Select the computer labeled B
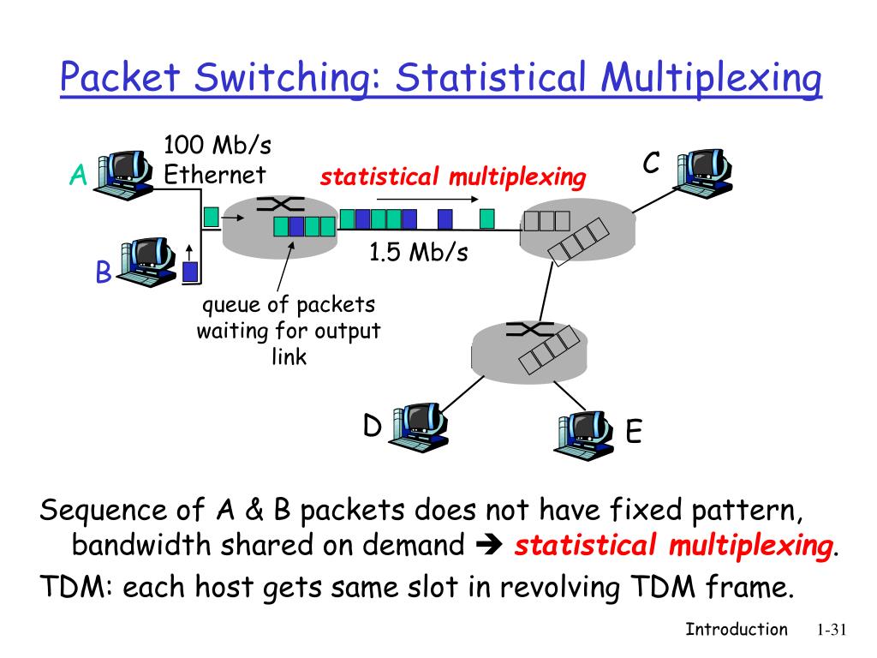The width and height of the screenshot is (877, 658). [x=147, y=260]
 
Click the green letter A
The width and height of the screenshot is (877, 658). [x=79, y=176]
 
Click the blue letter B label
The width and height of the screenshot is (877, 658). [x=103, y=273]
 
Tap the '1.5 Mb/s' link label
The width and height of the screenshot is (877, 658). [x=419, y=254]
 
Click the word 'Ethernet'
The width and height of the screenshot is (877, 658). [x=215, y=175]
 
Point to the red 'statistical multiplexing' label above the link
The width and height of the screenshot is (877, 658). [x=454, y=177]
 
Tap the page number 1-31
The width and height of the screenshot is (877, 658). [x=830, y=631]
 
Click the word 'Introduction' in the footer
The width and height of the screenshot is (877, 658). [x=737, y=630]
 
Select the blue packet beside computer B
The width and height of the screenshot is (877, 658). [x=190, y=272]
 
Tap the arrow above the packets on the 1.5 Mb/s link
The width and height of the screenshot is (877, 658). [x=428, y=198]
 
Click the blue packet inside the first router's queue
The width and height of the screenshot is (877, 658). [x=296, y=226]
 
